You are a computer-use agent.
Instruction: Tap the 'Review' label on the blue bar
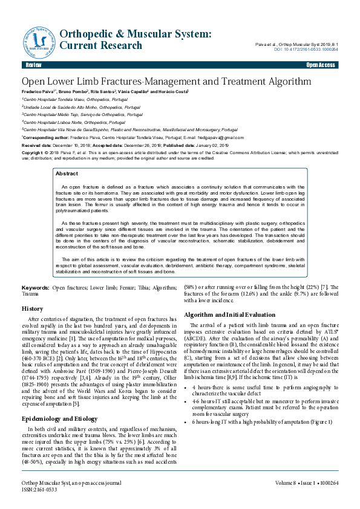point(33,65)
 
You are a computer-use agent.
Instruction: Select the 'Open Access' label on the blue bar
point(320,65)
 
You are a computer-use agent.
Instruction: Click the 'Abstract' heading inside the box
point(67,173)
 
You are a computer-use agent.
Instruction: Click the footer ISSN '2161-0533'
point(46,490)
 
